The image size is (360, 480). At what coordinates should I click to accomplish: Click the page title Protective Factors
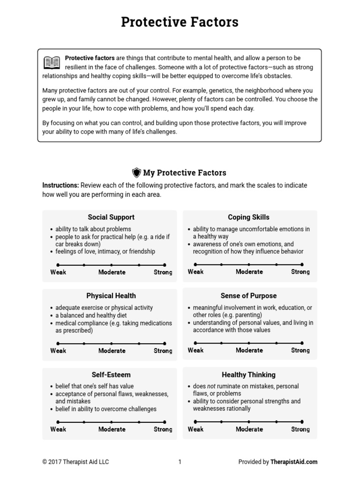coord(180,22)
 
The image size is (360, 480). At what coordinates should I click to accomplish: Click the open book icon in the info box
coord(52,62)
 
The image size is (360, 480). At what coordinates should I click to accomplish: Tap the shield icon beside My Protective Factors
coord(136,172)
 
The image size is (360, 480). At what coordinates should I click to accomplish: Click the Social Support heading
coord(111,217)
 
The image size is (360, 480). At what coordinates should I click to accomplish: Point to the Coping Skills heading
coord(248,217)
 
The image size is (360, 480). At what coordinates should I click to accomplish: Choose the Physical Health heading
coord(111,296)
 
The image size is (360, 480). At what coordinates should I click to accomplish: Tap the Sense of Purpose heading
coord(248,296)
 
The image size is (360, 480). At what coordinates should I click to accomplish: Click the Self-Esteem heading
coord(111,375)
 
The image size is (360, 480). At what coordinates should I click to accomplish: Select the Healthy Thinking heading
coord(248,375)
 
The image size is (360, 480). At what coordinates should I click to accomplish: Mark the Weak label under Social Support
coord(58,272)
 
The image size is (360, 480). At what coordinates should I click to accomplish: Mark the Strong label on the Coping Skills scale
coord(300,272)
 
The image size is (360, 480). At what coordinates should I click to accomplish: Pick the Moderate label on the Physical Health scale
coord(112,351)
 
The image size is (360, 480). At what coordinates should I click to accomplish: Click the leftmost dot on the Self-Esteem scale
coord(57,422)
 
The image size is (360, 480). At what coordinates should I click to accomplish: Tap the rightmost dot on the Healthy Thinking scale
coord(303,422)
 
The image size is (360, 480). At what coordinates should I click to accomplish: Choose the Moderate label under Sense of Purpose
coord(249,350)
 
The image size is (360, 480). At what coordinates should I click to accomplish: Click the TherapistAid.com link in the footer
coord(293,462)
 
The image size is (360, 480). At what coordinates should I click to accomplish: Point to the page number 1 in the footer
coord(180,462)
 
